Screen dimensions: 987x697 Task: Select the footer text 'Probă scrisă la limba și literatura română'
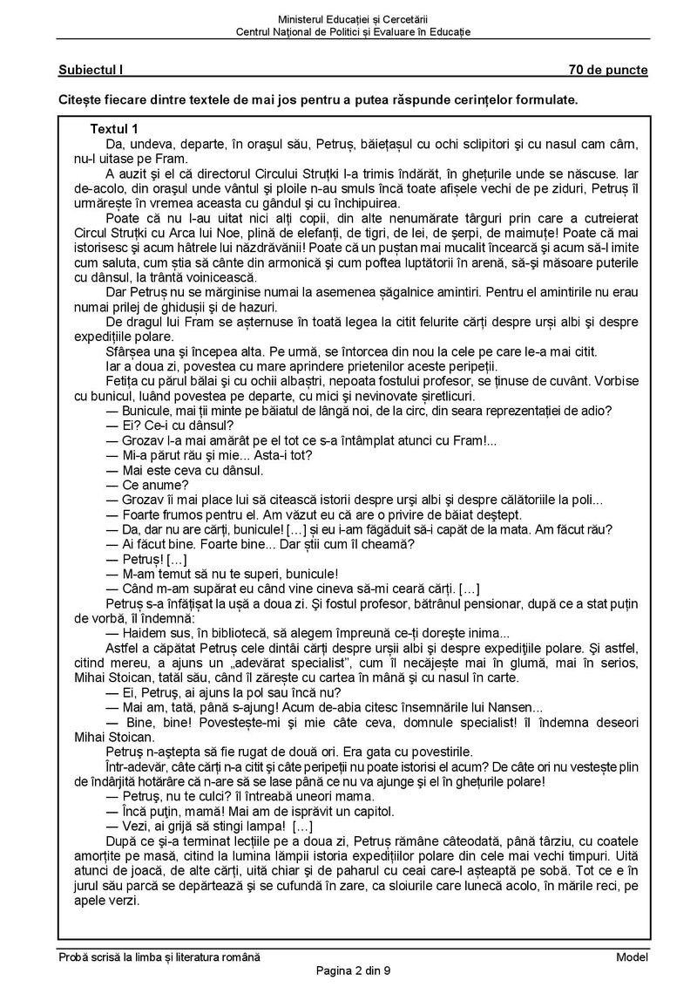point(155,957)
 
